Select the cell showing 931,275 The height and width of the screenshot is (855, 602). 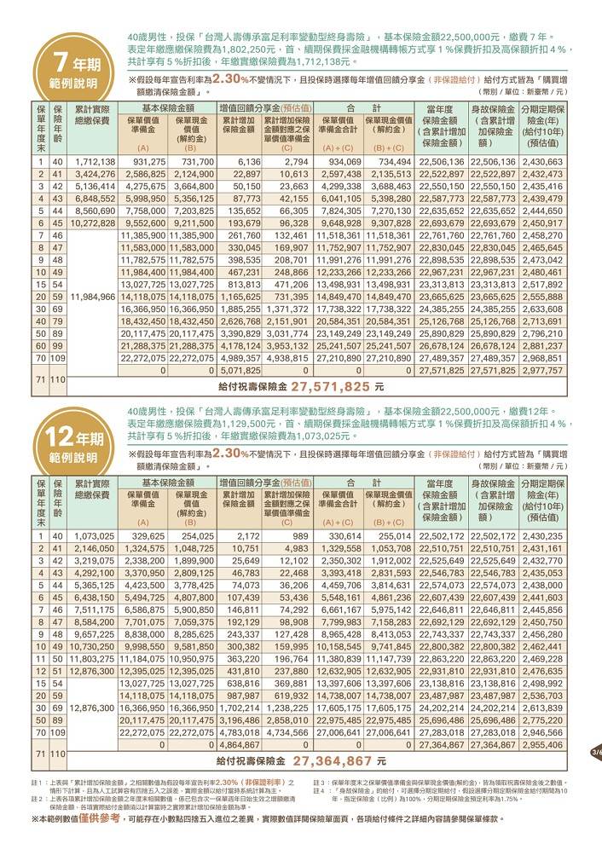pos(148,162)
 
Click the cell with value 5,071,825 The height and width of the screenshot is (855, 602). pos(240,372)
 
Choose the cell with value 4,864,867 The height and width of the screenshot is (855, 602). pos(240,744)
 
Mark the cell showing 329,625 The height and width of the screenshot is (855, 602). pos(148,536)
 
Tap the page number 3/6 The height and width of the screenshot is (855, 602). pos(595,753)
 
